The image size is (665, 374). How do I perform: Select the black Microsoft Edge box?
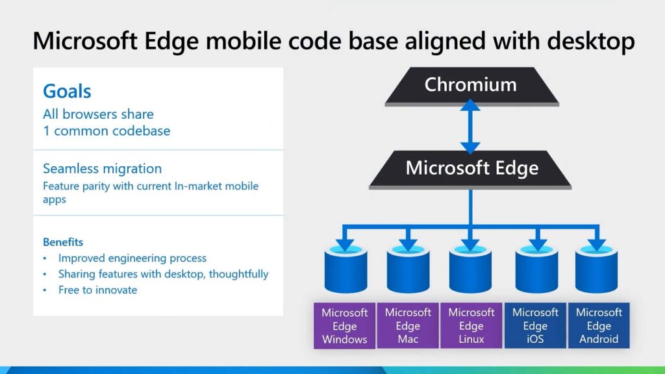(471, 169)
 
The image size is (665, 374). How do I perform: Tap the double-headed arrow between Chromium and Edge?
(471, 127)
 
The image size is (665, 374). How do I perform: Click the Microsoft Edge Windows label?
(344, 326)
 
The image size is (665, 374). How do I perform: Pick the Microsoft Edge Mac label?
(408, 326)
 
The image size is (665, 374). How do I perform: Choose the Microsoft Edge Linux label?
(471, 326)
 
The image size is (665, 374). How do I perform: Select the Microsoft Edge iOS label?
(535, 326)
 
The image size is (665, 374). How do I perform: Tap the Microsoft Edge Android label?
(599, 326)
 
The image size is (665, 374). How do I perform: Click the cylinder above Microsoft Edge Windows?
(345, 269)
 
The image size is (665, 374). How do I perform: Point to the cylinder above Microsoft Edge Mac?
(408, 269)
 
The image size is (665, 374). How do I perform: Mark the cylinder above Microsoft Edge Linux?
(471, 269)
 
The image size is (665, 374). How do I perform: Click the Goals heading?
(67, 92)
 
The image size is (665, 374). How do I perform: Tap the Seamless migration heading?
(102, 169)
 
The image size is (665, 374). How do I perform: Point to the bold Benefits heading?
(63, 242)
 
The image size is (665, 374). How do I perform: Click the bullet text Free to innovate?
(97, 290)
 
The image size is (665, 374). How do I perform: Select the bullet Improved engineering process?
(132, 258)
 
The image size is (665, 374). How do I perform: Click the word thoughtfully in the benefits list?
(238, 274)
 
